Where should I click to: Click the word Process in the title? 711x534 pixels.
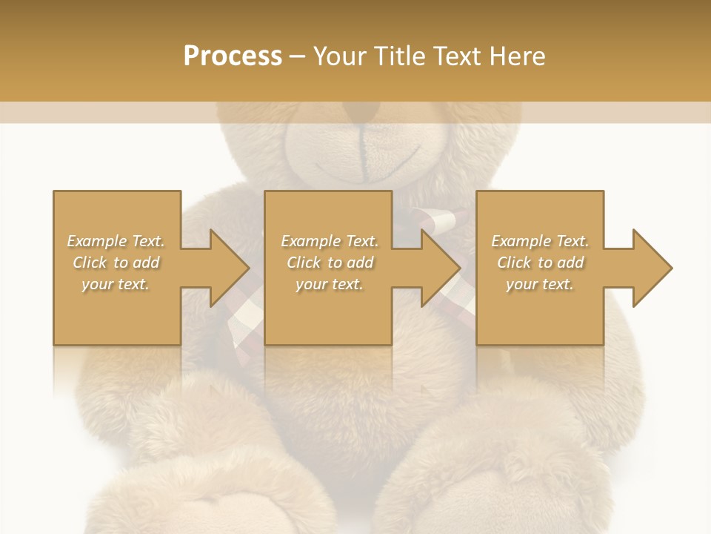233,56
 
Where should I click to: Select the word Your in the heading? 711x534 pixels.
341,56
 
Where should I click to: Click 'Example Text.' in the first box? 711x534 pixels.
116,241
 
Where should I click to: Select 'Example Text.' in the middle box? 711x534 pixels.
330,241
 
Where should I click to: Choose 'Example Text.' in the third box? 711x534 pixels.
540,241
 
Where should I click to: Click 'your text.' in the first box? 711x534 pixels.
116,284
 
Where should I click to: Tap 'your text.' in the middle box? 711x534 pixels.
330,284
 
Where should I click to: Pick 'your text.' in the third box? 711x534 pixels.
540,284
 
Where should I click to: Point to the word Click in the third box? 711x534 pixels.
514,263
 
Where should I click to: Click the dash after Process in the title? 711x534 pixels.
298,56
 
